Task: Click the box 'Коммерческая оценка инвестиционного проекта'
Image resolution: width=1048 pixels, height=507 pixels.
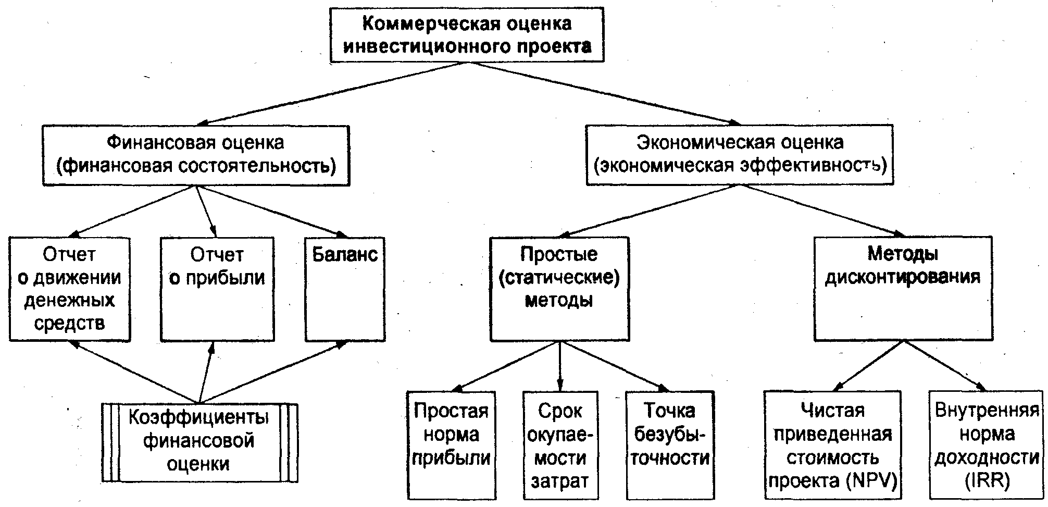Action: (467, 35)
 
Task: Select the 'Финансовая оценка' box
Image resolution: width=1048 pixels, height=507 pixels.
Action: (196, 155)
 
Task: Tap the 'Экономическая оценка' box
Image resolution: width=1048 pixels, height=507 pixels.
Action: (740, 155)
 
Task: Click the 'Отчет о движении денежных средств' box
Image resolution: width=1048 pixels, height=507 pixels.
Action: (69, 289)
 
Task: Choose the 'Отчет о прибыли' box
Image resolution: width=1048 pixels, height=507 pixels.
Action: (217, 289)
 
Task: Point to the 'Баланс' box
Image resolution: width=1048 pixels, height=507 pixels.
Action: (345, 289)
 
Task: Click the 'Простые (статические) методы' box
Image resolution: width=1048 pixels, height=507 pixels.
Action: (559, 289)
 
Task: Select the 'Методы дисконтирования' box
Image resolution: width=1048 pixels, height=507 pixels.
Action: (903, 289)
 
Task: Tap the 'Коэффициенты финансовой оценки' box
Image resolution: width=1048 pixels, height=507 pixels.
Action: (199, 442)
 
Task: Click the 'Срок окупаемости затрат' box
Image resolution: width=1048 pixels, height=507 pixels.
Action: (560, 446)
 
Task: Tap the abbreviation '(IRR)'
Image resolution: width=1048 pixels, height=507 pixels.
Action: (987, 481)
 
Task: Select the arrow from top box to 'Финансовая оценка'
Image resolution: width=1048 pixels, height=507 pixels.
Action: (333, 94)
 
